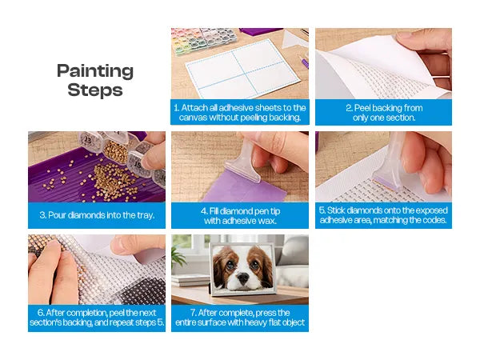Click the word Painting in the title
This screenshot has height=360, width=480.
pos(95,71)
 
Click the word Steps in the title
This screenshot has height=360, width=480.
pos(95,90)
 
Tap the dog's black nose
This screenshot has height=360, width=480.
pos(243,278)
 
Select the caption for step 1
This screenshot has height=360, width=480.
pos(240,112)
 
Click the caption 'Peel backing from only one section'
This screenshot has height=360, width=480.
pos(384,112)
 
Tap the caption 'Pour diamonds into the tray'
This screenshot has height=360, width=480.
pos(97,215)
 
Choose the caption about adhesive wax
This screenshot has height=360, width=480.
pos(240,216)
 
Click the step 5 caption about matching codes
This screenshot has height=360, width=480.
pos(383,215)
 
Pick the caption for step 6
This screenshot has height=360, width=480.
pos(97,318)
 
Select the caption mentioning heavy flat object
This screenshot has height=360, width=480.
pos(240,318)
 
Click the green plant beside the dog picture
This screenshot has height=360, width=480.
pos(178,256)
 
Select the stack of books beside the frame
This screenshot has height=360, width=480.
pos(190,280)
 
